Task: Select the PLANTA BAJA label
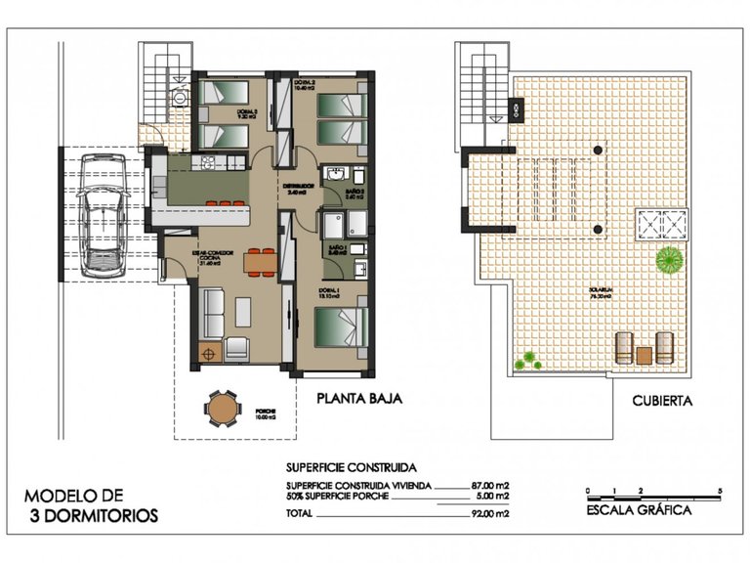click(358, 399)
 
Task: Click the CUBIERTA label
click(662, 400)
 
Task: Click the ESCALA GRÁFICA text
click(640, 509)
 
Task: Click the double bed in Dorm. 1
click(341, 326)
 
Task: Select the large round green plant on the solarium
click(669, 260)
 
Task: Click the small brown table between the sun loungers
click(645, 353)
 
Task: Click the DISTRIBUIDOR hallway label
click(298, 186)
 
